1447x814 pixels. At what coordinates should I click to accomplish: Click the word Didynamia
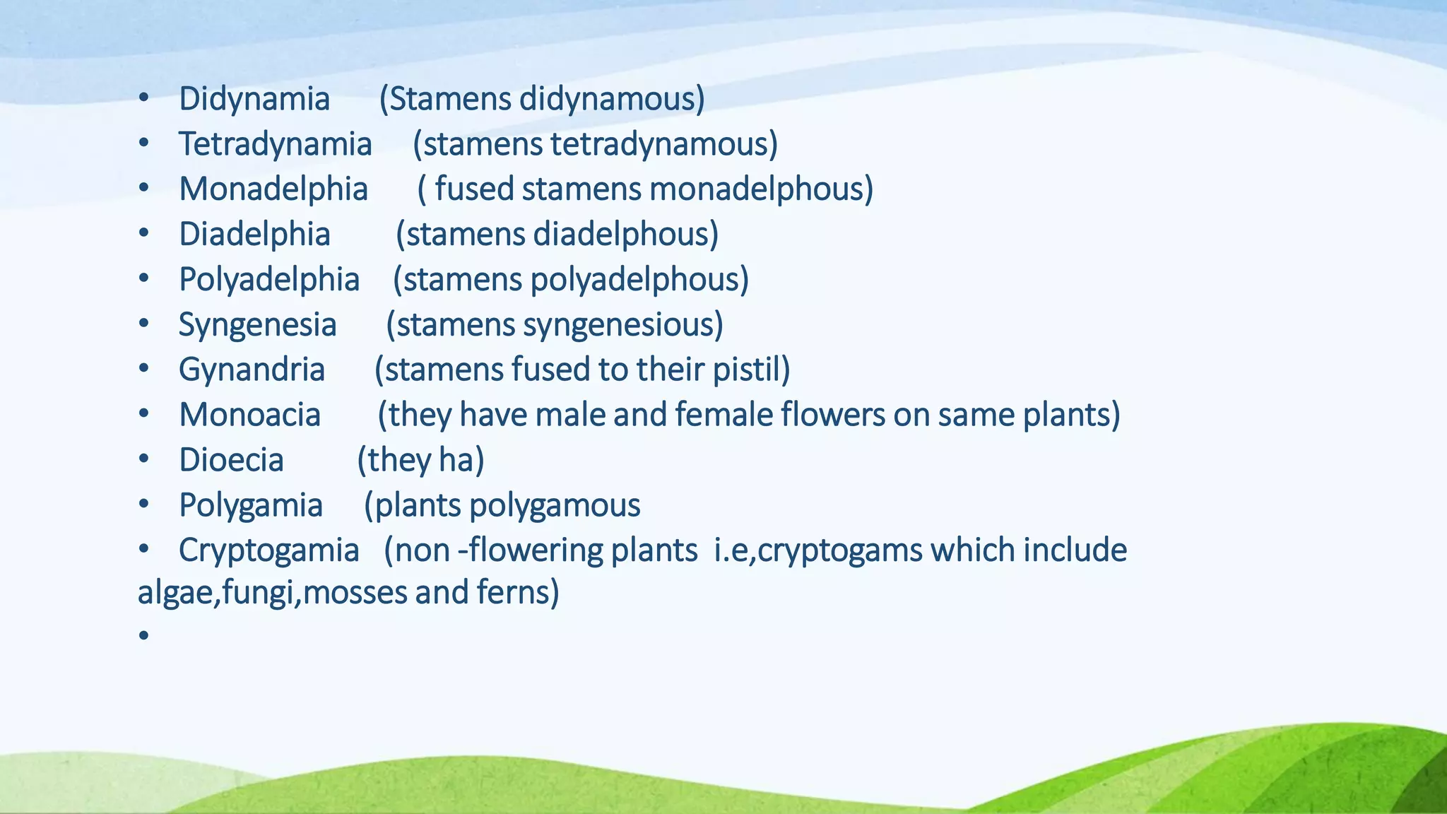click(254, 99)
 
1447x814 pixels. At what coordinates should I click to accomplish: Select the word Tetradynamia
click(275, 144)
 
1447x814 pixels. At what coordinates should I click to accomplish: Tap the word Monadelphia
click(273, 189)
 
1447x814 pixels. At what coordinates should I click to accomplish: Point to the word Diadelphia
click(254, 235)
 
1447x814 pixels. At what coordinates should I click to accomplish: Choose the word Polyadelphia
click(268, 280)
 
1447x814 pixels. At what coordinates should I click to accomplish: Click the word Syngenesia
click(257, 325)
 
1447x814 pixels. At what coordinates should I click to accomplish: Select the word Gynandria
click(252, 370)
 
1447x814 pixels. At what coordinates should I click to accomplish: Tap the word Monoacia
click(249, 415)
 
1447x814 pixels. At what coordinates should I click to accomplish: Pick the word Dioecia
click(231, 460)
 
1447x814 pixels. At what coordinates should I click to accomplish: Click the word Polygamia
click(250, 505)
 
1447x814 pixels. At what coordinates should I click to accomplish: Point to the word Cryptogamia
click(268, 550)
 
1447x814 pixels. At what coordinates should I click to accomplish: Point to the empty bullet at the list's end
click(143, 636)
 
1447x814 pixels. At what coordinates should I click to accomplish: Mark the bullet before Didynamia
click(143, 100)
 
